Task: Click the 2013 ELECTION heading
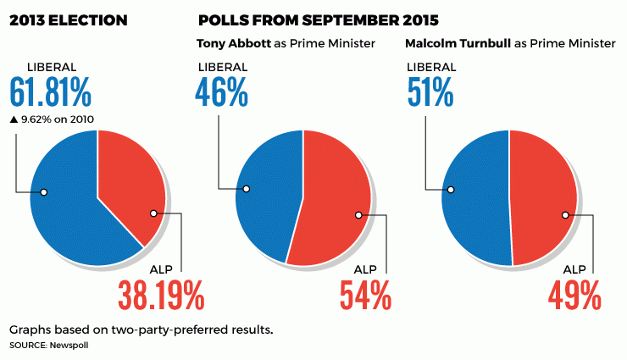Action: point(69,18)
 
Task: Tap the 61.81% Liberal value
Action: point(50,91)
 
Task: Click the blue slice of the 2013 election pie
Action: point(68,203)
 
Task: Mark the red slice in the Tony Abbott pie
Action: point(335,199)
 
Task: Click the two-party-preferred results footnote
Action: point(141,329)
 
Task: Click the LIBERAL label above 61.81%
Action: point(52,67)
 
